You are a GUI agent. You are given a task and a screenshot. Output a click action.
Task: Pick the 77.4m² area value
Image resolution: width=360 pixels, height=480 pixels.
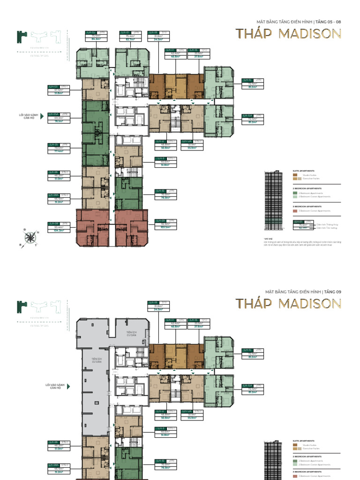(x=59, y=151)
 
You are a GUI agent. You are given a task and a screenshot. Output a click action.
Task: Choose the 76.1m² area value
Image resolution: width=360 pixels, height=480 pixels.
(x=59, y=120)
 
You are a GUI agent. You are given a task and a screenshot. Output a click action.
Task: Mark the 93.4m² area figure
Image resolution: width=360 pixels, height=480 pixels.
(x=57, y=227)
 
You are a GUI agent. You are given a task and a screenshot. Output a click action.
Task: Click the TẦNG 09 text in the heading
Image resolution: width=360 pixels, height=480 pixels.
(x=333, y=292)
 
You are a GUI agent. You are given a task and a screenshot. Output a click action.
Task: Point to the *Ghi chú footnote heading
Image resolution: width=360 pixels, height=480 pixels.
(x=268, y=239)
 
